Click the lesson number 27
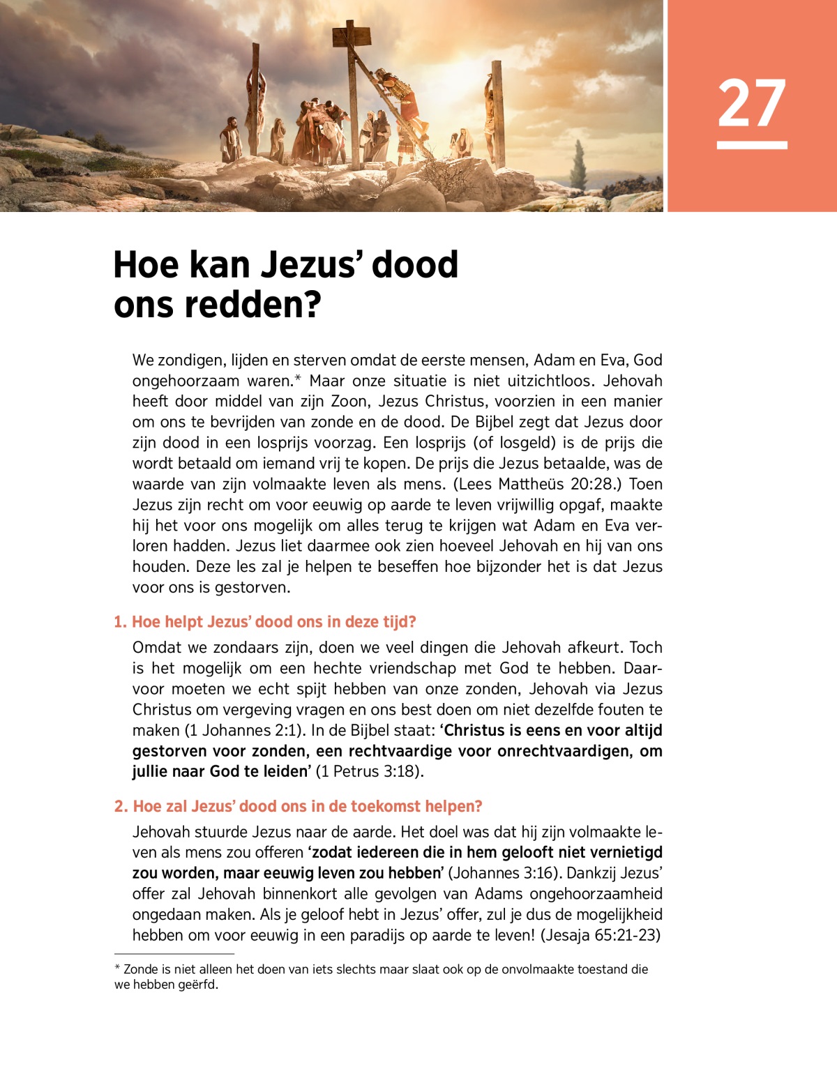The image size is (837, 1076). click(x=751, y=103)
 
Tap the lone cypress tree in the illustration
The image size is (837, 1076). click(x=578, y=165)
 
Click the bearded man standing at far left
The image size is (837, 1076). click(x=229, y=139)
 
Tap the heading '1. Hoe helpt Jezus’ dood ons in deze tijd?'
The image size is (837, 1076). click(x=264, y=621)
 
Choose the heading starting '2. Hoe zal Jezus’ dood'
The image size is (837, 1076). click(x=298, y=806)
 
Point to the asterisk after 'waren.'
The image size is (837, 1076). click(x=298, y=379)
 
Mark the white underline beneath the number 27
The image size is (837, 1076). click(x=752, y=145)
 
